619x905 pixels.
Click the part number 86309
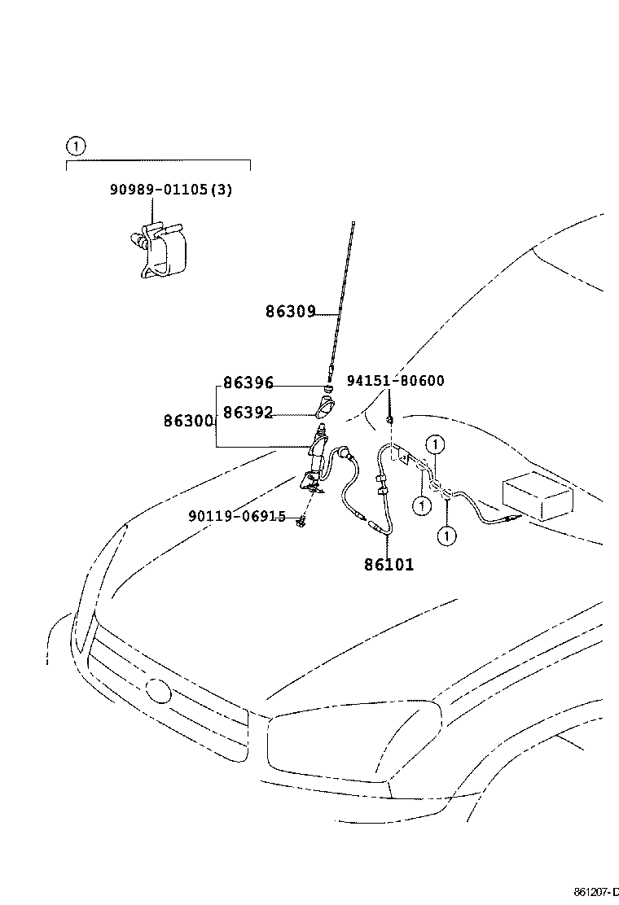[x=289, y=311]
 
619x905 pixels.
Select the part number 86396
[x=248, y=383]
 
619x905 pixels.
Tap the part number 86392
[x=248, y=413]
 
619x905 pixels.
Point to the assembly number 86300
[x=188, y=422]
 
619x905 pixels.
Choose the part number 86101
[x=389, y=564]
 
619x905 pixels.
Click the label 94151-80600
[x=396, y=381]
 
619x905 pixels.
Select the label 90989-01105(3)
[x=171, y=190]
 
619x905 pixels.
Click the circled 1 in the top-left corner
[x=75, y=146]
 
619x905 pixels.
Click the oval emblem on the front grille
[x=157, y=691]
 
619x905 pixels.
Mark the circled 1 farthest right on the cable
[x=437, y=444]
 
